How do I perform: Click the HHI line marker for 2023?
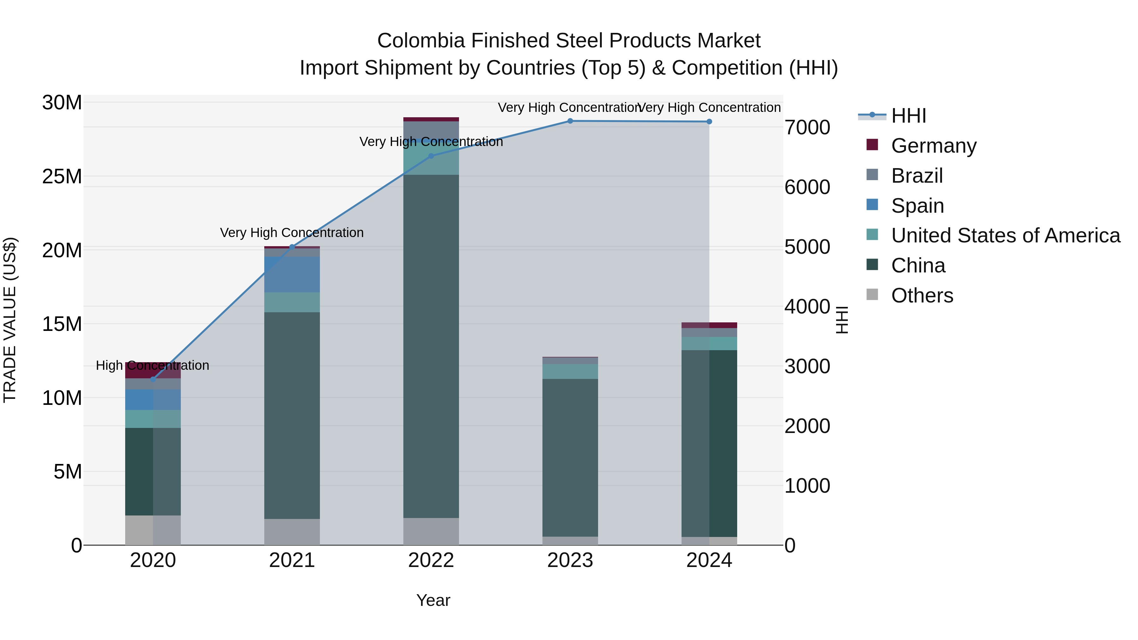[570, 121]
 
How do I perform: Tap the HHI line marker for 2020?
[153, 379]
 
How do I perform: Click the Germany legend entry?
[933, 146]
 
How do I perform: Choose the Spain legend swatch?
[872, 205]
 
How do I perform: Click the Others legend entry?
[922, 296]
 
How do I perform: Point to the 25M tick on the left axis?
[62, 177]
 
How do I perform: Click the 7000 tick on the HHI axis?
[807, 128]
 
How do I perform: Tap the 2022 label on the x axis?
[431, 560]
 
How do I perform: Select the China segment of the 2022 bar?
[431, 344]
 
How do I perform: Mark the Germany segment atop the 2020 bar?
[153, 370]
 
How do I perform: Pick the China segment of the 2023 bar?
[570, 457]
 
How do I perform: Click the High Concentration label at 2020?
[152, 366]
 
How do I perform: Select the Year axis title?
[433, 600]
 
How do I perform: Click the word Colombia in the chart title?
[420, 41]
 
